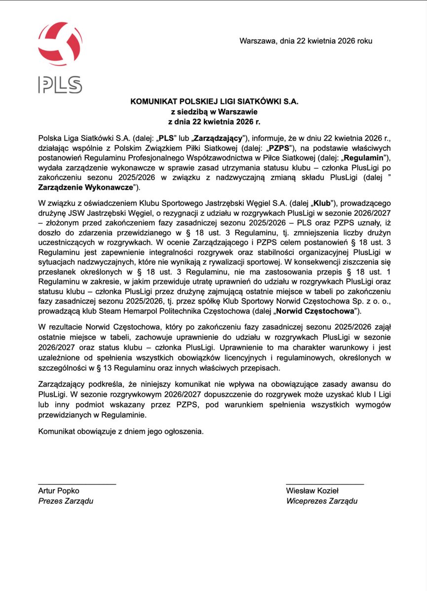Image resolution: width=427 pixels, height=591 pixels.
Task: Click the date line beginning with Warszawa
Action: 306,41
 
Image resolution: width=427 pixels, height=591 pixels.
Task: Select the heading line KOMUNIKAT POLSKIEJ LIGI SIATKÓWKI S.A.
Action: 214,102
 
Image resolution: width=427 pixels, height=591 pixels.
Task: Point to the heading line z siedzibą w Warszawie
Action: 214,111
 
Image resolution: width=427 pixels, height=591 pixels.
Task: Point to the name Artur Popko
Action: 59,491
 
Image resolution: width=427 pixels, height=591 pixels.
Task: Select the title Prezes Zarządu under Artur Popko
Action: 66,501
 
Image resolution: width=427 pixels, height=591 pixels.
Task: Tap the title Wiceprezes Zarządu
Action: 321,501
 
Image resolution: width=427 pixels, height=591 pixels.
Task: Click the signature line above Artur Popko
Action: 77,484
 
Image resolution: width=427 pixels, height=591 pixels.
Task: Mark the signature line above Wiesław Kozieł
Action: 324,484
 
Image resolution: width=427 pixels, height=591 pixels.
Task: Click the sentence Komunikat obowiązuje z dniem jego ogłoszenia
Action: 120,431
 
